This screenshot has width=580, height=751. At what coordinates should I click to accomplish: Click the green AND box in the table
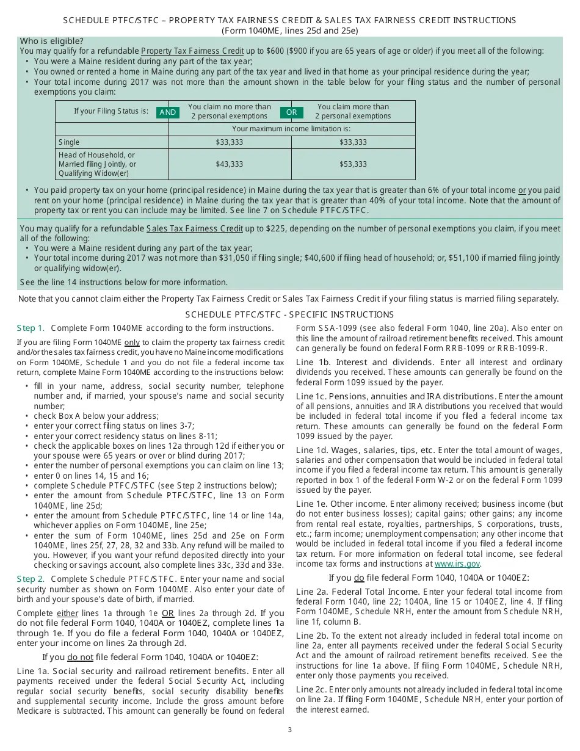tap(167, 112)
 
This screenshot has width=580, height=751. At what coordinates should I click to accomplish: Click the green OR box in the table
tap(291, 112)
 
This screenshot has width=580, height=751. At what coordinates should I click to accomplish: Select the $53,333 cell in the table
tap(353, 164)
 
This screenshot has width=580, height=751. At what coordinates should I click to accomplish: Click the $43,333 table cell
tap(229, 164)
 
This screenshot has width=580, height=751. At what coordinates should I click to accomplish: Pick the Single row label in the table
tap(69, 142)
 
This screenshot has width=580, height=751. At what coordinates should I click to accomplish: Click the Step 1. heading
tap(31, 328)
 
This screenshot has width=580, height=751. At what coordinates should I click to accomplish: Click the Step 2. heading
tap(31, 579)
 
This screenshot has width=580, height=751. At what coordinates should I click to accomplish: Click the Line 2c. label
tap(313, 689)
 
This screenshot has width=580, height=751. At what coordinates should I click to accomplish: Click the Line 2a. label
tap(313, 592)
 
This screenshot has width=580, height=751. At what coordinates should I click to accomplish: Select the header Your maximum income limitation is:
tap(291, 129)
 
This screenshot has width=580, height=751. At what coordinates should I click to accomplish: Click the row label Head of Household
tap(96, 155)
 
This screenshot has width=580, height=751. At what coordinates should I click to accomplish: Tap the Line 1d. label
tap(313, 450)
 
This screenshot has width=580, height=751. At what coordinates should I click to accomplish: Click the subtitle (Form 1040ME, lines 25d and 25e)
tap(289, 31)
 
